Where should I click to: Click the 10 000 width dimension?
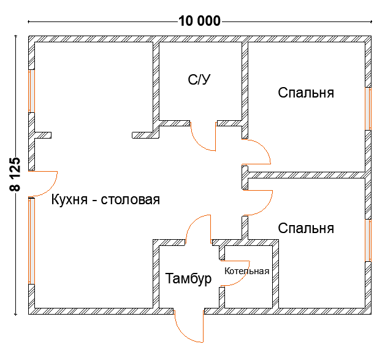[x=199, y=21]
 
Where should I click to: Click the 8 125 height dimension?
[x=15, y=174]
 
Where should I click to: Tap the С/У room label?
[x=199, y=80]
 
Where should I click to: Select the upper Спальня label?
[x=306, y=93]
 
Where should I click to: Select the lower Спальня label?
[x=306, y=228]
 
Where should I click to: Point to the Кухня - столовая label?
[x=105, y=199]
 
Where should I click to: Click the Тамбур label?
[x=188, y=278]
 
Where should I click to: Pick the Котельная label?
[x=247, y=271]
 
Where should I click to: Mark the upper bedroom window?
[x=368, y=109]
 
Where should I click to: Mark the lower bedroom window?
[x=368, y=240]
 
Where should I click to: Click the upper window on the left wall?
[x=31, y=91]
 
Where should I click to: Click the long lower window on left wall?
[x=31, y=241]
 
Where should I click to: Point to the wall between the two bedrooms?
[x=307, y=175]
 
